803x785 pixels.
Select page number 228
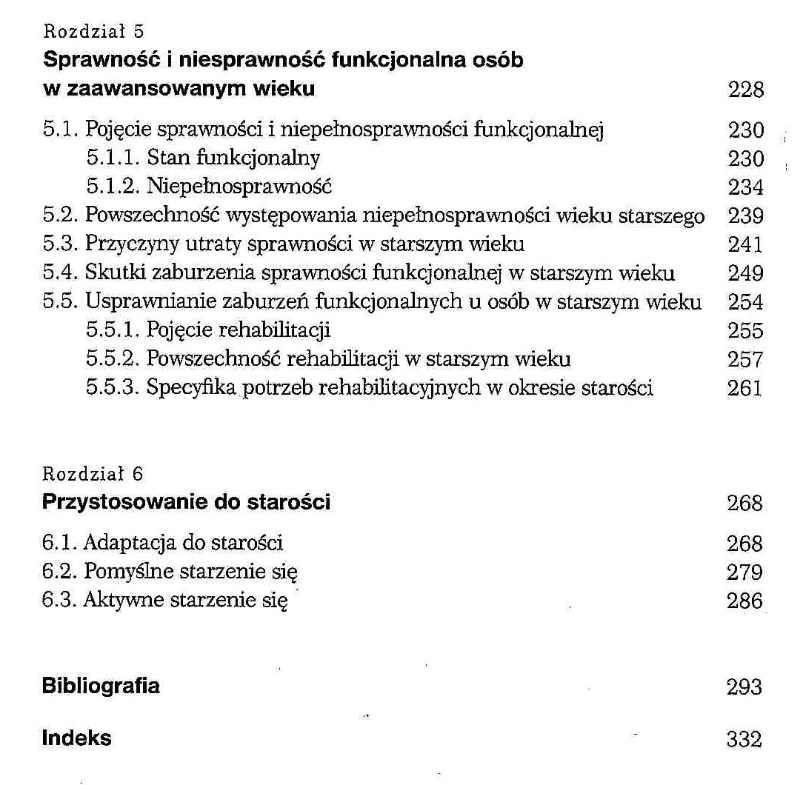(745, 90)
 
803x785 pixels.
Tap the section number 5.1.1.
(113, 158)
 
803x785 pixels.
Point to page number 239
(745, 216)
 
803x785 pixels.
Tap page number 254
(745, 302)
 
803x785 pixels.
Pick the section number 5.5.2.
(113, 359)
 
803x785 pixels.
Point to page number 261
(745, 388)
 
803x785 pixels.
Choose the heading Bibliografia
(101, 686)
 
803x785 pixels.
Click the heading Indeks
(76, 738)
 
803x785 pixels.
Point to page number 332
(745, 739)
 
